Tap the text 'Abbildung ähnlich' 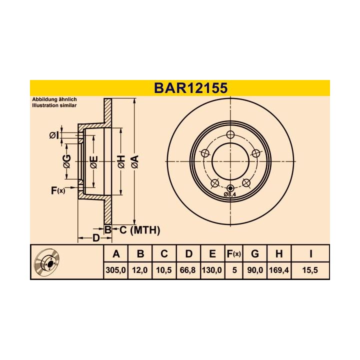54,99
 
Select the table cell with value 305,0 116,270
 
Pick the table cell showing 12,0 140,270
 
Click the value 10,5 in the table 163,270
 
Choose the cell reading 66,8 187,270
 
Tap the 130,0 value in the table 211,270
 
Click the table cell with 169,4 279,270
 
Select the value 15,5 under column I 310,270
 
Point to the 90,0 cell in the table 255,270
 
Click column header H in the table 279,254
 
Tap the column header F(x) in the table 233,254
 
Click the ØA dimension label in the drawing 134,161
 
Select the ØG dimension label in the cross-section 67,161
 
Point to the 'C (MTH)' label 139,230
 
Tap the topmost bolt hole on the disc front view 230,134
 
